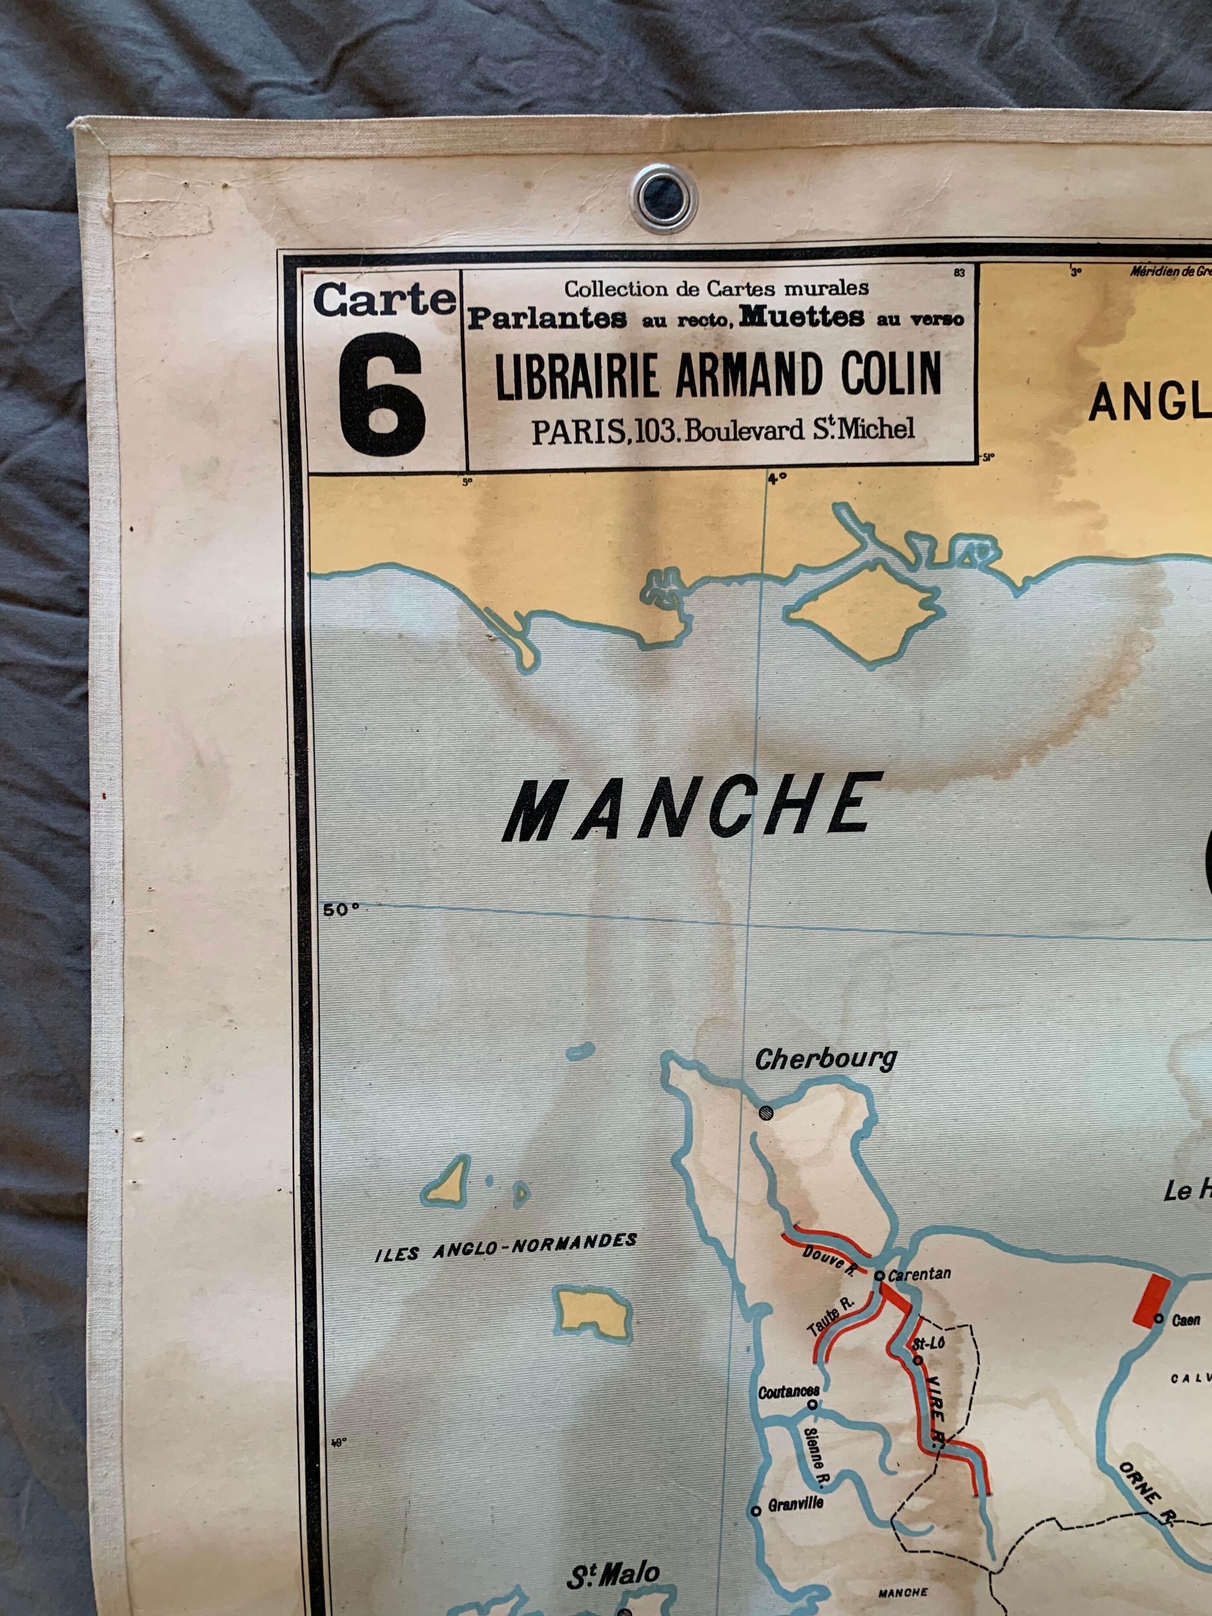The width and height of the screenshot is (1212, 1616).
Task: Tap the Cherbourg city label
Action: (x=826, y=1059)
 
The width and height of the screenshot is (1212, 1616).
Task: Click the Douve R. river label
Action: (x=829, y=1261)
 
